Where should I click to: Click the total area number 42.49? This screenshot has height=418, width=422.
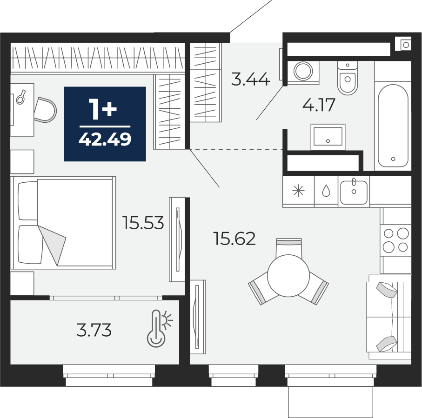tap(105, 139)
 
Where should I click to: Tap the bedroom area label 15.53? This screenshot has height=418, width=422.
tap(143, 223)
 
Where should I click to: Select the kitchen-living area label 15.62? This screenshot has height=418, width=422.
tap(234, 239)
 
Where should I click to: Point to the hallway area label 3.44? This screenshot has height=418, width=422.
tap(250, 80)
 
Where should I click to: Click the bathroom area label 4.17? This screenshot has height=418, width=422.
tap(319, 105)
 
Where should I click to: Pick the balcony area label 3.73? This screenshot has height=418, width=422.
tap(94, 330)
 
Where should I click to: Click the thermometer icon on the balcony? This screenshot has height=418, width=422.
tap(159, 328)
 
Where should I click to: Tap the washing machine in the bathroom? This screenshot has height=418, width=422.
tap(303, 71)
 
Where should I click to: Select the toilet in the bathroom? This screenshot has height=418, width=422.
tap(348, 78)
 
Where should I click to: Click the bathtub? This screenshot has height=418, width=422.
tap(393, 126)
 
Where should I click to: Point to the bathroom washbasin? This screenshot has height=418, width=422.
tap(328, 136)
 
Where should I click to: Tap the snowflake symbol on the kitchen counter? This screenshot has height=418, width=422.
tap(298, 191)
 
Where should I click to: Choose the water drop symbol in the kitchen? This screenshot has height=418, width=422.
tap(326, 191)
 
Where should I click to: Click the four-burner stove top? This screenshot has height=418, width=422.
tap(395, 240)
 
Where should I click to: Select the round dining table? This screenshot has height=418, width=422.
tap(288, 275)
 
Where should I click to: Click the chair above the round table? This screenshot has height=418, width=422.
tap(289, 246)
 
